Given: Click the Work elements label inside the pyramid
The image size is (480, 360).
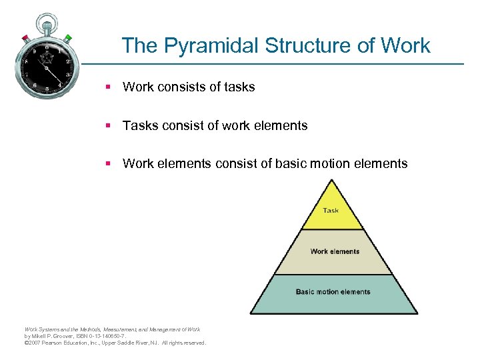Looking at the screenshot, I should [335, 251].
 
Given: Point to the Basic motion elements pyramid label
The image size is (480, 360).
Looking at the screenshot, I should [333, 292].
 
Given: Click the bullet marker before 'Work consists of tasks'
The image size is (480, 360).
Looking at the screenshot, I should [107, 87].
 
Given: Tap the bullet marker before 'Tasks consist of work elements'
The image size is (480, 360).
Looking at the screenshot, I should [107, 125].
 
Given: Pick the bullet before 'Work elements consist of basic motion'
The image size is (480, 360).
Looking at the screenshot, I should [107, 164].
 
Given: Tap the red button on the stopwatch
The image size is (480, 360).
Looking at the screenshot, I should [25, 37].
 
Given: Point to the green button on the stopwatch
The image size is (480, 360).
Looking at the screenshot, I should [69, 38].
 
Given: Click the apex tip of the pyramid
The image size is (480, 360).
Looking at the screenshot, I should [332, 182].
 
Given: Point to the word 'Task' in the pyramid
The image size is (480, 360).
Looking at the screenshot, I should [331, 211].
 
